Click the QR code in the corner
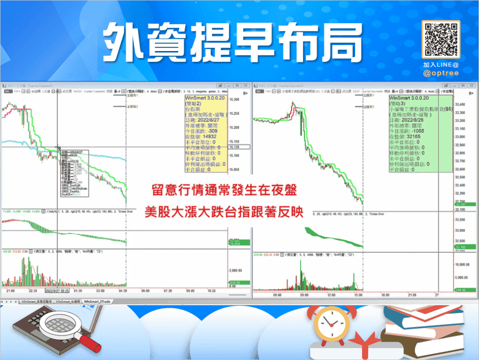click(x=441, y=39)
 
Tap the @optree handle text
click(x=441, y=73)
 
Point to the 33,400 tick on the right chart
click(x=463, y=104)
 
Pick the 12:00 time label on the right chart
click(x=333, y=295)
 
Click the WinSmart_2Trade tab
click(x=100, y=302)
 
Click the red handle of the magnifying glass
click(x=91, y=343)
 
